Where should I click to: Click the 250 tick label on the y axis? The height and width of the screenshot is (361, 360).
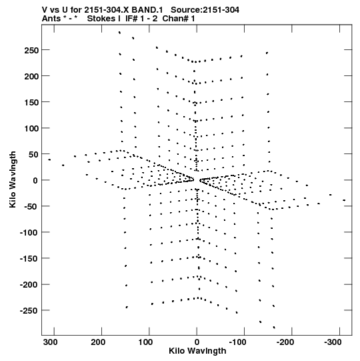click(x=31, y=50)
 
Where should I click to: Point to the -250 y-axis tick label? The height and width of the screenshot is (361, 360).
click(x=29, y=311)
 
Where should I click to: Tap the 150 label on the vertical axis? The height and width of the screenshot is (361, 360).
click(x=31, y=102)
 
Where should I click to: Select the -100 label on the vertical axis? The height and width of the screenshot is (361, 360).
click(x=29, y=232)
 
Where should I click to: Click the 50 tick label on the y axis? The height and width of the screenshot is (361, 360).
click(x=33, y=154)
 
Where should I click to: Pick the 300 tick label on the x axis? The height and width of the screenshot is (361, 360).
click(x=51, y=342)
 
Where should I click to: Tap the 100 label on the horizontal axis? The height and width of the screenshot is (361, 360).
click(x=145, y=342)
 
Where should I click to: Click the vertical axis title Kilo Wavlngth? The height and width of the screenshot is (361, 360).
click(x=13, y=179)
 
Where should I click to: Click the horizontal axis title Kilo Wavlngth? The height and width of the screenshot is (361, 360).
click(x=197, y=351)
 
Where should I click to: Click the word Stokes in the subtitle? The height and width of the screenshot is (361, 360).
click(x=103, y=19)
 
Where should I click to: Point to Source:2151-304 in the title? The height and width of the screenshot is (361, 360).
click(x=205, y=10)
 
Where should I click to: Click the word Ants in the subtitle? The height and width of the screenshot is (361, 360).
click(x=51, y=19)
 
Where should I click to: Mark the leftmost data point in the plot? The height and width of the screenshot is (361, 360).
click(x=49, y=159)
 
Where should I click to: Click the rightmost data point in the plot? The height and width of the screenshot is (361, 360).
click(x=344, y=200)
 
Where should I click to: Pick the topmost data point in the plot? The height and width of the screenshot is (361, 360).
click(x=119, y=33)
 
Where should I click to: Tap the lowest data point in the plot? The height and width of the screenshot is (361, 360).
click(x=274, y=327)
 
